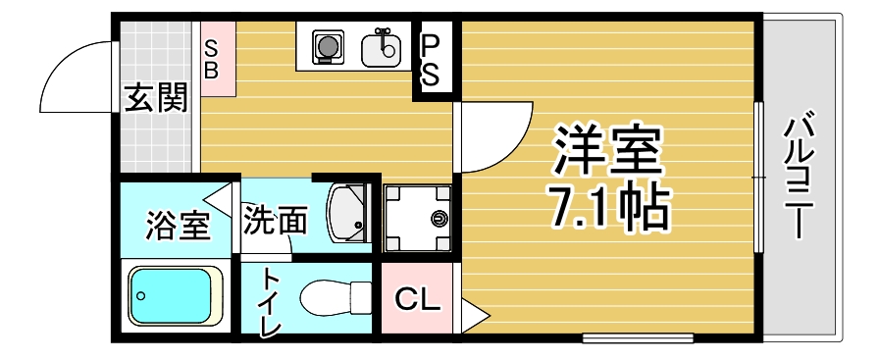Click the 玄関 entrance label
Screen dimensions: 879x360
[x=155, y=99]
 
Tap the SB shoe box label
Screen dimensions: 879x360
[x=212, y=60]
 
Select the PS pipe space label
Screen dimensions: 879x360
[x=431, y=61]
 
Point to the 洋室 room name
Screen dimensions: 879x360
[x=607, y=150]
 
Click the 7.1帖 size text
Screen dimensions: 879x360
[x=609, y=207]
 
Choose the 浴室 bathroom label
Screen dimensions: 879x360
[x=179, y=225]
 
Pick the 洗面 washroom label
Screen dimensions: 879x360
[x=276, y=220]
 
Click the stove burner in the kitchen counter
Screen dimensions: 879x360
[x=325, y=45]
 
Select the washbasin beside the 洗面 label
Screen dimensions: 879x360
[x=347, y=213]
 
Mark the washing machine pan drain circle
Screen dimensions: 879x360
[x=438, y=217]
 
